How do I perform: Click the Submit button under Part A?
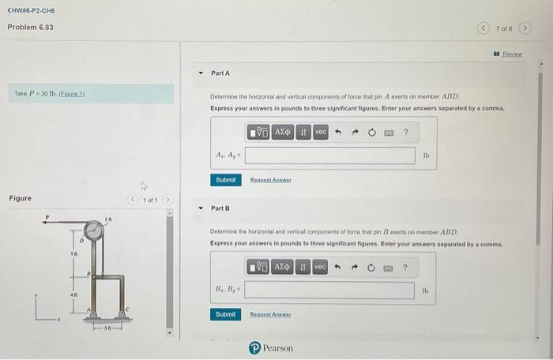click(x=226, y=180)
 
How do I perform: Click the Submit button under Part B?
click(x=226, y=314)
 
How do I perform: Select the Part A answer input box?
click(x=329, y=156)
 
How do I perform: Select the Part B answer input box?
click(x=329, y=291)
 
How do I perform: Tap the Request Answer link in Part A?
click(x=271, y=180)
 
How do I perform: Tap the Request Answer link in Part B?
click(x=271, y=314)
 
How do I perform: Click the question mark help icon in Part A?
click(x=405, y=132)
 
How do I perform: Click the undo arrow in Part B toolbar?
click(x=337, y=268)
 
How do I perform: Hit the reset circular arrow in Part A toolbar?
click(x=371, y=132)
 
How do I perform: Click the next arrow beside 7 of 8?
click(x=524, y=28)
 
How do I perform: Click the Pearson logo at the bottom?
click(x=271, y=347)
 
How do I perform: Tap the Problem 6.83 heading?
click(x=30, y=27)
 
